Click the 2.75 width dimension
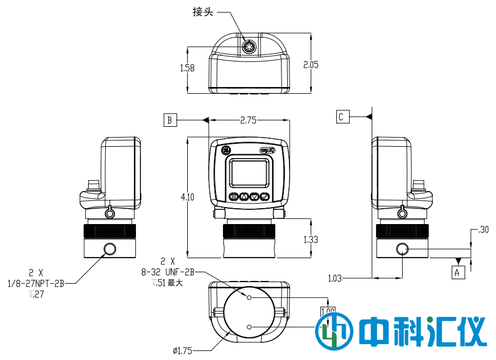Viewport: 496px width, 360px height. coord(248,120)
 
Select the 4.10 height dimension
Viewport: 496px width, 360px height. coord(187,197)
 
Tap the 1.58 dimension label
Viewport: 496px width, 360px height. coord(187,68)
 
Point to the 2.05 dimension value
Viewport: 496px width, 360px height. coord(311,64)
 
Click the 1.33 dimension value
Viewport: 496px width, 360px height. coord(311,239)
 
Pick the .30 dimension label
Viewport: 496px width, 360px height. coord(484,230)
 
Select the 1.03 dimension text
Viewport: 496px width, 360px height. coord(336,278)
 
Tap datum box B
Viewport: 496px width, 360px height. coord(170,120)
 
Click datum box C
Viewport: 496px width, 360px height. coord(341,117)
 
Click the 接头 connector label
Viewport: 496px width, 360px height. coord(203,12)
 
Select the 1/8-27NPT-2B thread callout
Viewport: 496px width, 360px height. coord(35,283)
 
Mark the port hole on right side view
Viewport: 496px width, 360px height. coord(403,249)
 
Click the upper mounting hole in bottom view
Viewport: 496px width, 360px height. coord(249,297)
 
